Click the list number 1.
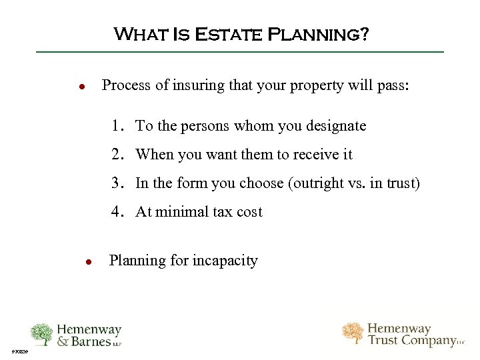[117, 125]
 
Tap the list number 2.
[117, 154]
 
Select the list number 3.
[117, 183]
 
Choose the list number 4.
[117, 211]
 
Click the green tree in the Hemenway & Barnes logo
[41, 334]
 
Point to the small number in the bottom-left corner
[19, 352]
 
